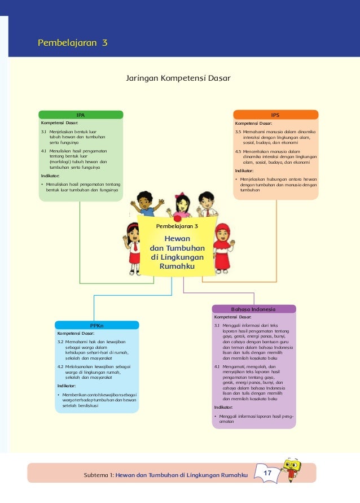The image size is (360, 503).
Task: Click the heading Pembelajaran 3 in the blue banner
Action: click(x=72, y=42)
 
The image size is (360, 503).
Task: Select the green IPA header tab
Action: click(x=81, y=115)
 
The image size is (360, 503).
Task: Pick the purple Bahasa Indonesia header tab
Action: click(x=253, y=309)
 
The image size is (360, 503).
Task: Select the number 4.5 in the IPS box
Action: click(x=238, y=151)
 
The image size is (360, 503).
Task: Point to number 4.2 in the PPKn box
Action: click(x=60, y=366)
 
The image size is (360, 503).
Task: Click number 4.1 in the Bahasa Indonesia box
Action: click(x=217, y=366)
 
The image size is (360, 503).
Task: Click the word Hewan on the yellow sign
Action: click(x=177, y=238)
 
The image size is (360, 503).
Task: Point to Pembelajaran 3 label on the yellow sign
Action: click(x=177, y=226)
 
